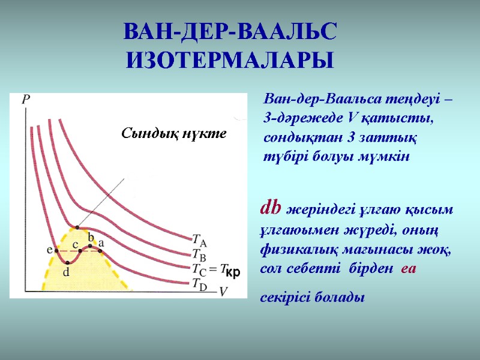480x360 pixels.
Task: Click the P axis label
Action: [x=26, y=100]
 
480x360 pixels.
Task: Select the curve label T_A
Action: [x=200, y=239]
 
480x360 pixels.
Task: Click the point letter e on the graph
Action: [x=49, y=250]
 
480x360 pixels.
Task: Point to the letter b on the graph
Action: [x=91, y=235]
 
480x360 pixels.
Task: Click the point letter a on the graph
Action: [x=101, y=242]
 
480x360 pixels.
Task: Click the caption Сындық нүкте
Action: [x=174, y=133]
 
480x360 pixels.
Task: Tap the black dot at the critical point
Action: [x=76, y=227]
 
